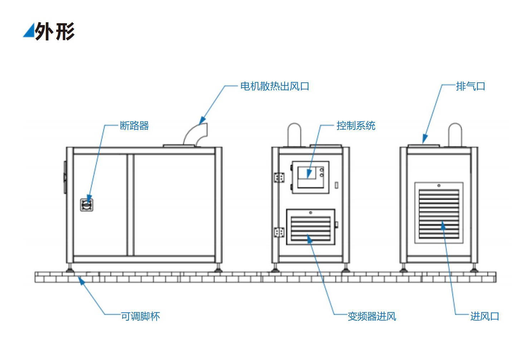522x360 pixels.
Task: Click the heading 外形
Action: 55,31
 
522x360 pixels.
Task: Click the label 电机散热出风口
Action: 274,86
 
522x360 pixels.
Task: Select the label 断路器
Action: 134,126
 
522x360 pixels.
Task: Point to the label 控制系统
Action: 356,126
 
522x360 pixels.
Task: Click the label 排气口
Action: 470,86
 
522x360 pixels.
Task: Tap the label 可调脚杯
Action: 140,316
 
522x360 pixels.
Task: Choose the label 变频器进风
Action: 372,316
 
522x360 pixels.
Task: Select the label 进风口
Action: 484,316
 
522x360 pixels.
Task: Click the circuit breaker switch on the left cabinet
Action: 87,205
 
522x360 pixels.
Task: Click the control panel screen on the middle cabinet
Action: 307,173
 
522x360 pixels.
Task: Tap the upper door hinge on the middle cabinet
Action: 279,177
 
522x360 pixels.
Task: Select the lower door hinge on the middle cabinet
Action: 279,232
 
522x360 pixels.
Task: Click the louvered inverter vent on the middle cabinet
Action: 311,229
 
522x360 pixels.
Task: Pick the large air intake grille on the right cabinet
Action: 439,214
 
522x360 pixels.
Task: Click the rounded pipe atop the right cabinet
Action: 455,134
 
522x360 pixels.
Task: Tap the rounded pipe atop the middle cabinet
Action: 294,134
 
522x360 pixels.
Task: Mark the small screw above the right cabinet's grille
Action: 439,185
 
